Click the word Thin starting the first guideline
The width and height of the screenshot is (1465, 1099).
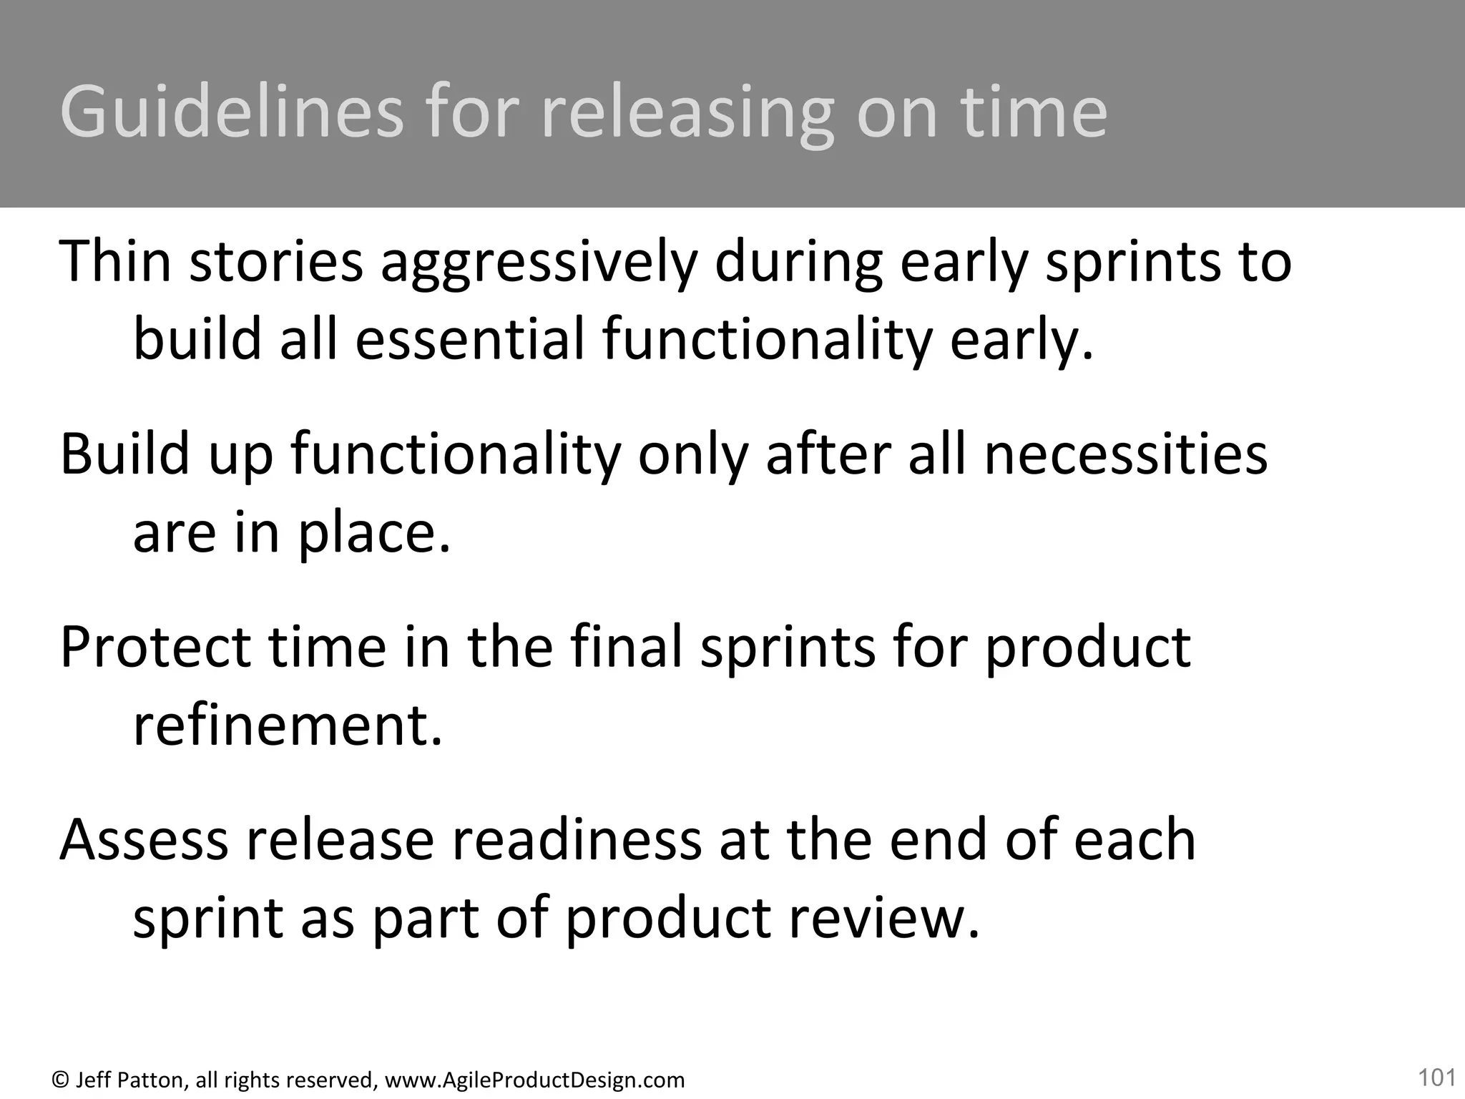point(115,260)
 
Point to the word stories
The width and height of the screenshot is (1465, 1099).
point(276,262)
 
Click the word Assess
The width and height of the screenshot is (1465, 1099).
point(144,840)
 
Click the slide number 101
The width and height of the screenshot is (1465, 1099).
point(1436,1077)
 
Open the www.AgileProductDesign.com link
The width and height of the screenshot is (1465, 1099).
point(534,1080)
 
